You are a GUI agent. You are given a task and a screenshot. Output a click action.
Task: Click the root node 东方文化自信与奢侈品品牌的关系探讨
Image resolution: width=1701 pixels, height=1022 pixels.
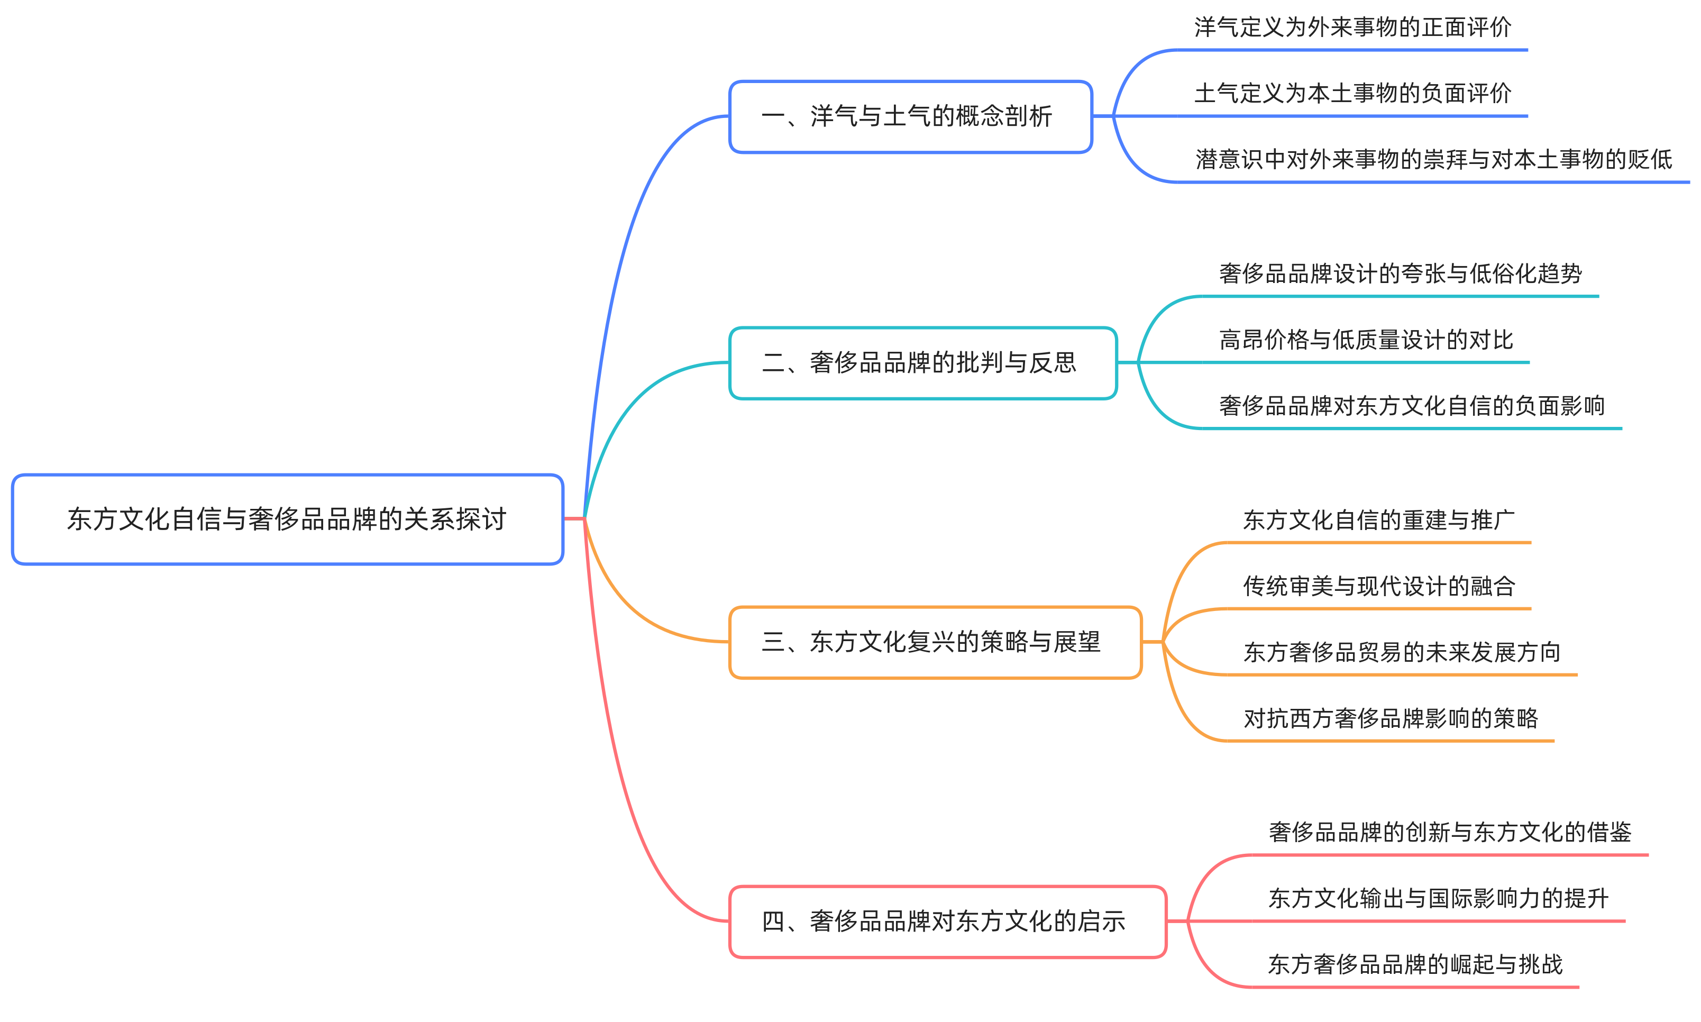pyautogui.click(x=287, y=518)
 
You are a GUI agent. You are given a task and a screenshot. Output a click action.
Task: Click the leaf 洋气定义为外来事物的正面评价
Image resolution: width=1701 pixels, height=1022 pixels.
pyautogui.click(x=1352, y=28)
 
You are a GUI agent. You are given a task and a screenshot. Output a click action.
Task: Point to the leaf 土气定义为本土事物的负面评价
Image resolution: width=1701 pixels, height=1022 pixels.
pyautogui.click(x=1352, y=94)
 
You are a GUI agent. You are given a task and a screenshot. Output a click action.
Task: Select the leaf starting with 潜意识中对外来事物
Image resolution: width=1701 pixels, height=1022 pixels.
pyautogui.click(x=1433, y=160)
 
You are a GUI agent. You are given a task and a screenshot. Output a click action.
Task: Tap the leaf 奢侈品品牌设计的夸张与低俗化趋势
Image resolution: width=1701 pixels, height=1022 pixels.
pyautogui.click(x=1400, y=274)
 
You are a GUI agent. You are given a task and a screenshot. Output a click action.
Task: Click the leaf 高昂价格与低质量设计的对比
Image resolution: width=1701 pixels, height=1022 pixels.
pyautogui.click(x=1366, y=340)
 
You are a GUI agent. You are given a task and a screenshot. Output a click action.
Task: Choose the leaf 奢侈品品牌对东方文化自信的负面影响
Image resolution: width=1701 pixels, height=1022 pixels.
pyautogui.click(x=1411, y=406)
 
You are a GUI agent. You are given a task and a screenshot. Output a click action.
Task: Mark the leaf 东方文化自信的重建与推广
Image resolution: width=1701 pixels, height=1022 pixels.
pyautogui.click(x=1378, y=520)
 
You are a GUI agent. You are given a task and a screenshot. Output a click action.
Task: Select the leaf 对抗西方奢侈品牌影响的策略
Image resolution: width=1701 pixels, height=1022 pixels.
pyautogui.click(x=1390, y=719)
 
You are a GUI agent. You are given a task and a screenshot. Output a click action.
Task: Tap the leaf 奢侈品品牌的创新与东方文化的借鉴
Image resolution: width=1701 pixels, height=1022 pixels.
pyautogui.click(x=1449, y=833)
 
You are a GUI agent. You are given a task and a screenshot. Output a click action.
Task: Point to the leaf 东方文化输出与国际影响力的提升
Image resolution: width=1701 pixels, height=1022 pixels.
pyautogui.click(x=1438, y=899)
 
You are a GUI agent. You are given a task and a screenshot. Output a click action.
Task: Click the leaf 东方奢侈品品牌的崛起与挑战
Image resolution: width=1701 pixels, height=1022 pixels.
pyautogui.click(x=1415, y=965)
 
